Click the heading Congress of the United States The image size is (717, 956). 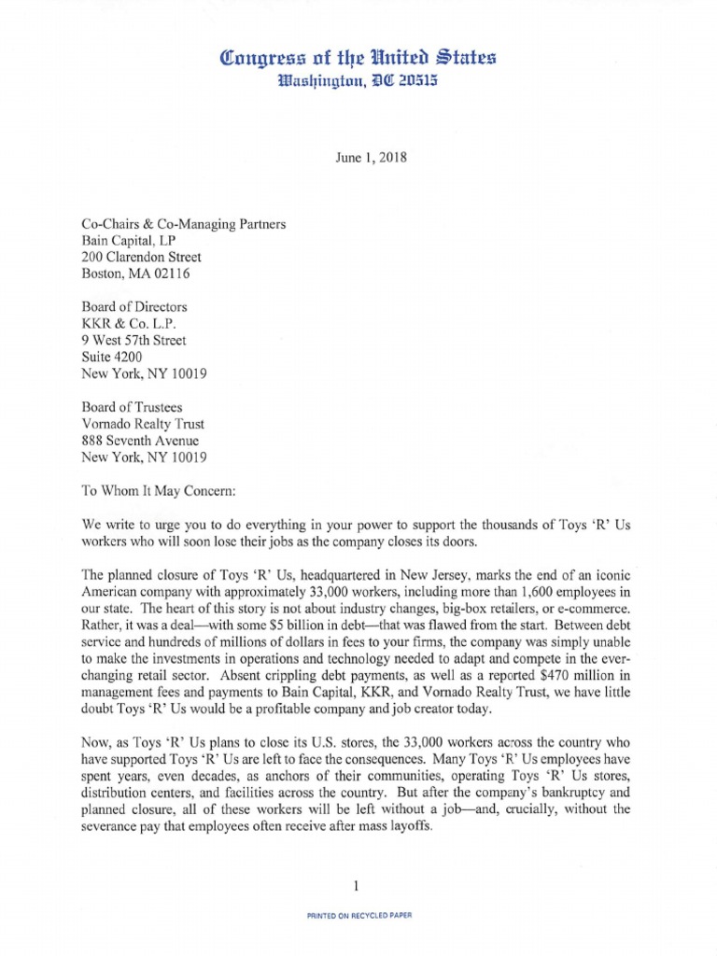(x=358, y=58)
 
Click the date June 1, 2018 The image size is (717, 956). (x=358, y=158)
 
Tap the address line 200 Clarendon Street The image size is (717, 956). (x=141, y=257)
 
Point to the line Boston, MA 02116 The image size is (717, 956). (x=134, y=274)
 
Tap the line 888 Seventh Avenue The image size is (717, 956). (x=140, y=441)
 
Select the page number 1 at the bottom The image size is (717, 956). (x=358, y=885)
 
